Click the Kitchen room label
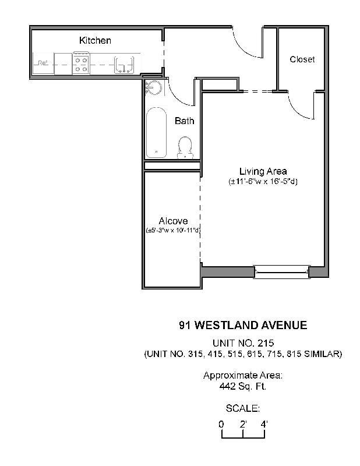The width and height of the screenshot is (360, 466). pos(95,41)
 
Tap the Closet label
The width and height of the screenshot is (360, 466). pos(302,59)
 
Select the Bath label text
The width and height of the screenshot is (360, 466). pos(184,121)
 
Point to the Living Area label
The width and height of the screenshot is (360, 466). pos(263,171)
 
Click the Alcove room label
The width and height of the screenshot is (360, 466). pos(172,221)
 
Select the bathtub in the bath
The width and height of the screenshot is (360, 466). pos(156,132)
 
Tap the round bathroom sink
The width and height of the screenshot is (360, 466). pos(153,88)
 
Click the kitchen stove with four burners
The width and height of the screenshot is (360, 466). pos(81,64)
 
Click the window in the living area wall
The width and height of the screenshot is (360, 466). pos(281,271)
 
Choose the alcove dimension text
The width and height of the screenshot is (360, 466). pos(173,231)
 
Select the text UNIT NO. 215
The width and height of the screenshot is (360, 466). pos(243,343)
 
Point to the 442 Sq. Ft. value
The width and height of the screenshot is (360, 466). pos(243,386)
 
